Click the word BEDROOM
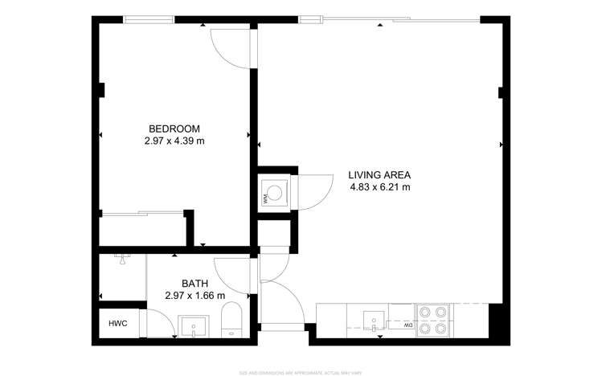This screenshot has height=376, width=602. pos(174,129)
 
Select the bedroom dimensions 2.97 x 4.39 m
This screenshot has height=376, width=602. pos(174,141)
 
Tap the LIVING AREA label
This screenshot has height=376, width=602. pos(379,175)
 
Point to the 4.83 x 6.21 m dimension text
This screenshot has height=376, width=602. pos(379,188)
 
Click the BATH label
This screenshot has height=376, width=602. pos(195,283)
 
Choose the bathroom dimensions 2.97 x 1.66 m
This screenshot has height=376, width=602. pos(195,296)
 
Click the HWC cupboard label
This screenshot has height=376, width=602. pos(118,324)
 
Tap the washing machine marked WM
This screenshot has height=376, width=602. pos(275,193)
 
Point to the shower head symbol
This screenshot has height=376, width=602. pos(121,259)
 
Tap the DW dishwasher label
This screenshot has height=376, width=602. pos(407,325)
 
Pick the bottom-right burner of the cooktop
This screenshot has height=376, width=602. pos(441,328)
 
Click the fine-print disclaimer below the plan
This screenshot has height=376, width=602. pos(301,372)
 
